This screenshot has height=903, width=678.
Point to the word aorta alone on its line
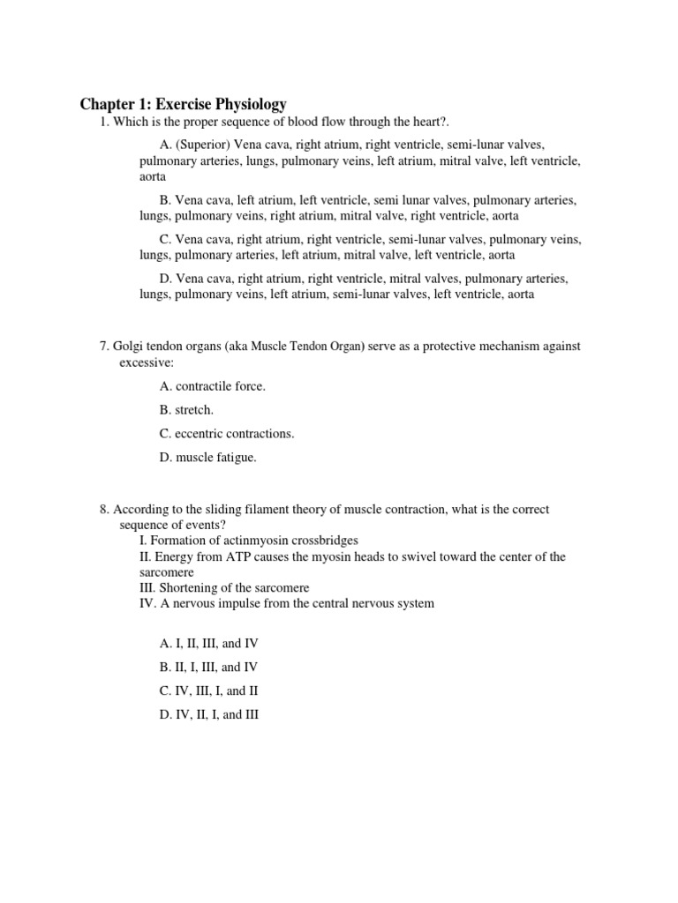154,176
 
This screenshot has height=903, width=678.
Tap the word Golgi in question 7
130,347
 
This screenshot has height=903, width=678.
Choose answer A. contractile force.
212,386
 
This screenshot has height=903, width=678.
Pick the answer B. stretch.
186,410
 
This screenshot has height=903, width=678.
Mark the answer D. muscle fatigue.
207,458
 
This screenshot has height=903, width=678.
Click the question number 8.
103,510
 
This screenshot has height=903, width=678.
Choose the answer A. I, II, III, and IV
208,644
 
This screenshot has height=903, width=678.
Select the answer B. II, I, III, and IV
208,668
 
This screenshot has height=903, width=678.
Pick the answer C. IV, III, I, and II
208,691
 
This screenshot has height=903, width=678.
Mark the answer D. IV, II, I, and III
208,715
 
